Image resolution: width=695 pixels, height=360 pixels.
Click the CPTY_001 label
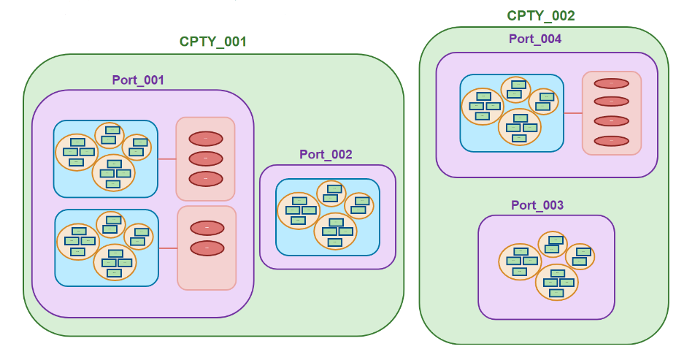[213, 42]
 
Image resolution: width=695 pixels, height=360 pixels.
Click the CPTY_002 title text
[541, 15]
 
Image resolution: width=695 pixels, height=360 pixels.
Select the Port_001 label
[138, 80]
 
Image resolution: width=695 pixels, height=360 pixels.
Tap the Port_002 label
[326, 154]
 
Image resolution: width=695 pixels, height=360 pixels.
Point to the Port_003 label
[537, 205]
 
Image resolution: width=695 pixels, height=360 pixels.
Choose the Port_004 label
[535, 39]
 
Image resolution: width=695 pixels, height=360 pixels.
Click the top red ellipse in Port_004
[611, 84]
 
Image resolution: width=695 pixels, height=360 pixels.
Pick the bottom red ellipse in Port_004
[611, 140]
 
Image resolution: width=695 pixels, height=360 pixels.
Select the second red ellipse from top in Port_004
[611, 102]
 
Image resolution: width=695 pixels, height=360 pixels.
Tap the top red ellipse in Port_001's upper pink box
[206, 139]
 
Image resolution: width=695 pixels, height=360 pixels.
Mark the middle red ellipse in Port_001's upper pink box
[206, 158]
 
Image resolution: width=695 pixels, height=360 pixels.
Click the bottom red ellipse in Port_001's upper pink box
[206, 178]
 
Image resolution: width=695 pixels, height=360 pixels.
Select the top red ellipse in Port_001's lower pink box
[207, 228]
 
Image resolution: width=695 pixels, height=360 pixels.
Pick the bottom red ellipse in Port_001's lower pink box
[207, 248]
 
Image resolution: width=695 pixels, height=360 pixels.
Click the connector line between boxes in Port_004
[573, 113]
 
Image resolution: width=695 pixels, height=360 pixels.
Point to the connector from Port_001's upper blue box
[167, 158]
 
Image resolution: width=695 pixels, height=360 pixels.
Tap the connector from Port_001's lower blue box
[169, 248]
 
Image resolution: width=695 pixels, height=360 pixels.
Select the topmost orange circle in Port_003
[553, 244]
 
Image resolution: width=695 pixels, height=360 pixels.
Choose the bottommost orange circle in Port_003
[556, 283]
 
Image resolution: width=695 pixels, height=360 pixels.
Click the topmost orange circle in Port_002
[331, 194]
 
